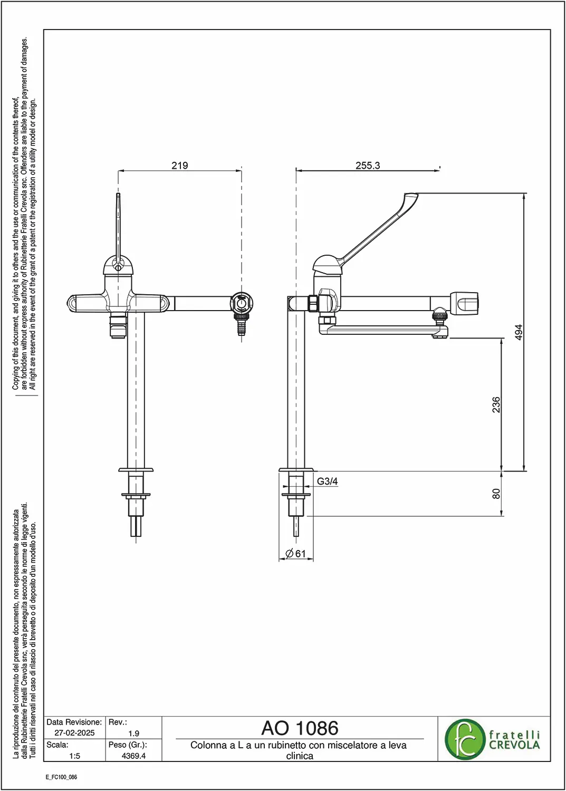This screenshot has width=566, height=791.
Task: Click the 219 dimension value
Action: [x=180, y=165]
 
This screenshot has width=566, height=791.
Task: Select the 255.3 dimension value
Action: [x=368, y=165]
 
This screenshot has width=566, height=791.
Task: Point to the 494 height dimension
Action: [x=519, y=332]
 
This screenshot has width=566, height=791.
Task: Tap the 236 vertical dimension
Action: [x=496, y=404]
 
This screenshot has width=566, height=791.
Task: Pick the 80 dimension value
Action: [x=496, y=493]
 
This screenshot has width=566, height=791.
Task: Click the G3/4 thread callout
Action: [x=327, y=481]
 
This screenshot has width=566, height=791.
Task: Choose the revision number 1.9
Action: [x=134, y=734]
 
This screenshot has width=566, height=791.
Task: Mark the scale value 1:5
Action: [x=74, y=756]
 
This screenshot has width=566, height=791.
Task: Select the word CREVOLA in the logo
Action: [x=514, y=745]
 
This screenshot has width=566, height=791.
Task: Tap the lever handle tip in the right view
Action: [x=411, y=196]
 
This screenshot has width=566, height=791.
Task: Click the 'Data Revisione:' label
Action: [x=74, y=722]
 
